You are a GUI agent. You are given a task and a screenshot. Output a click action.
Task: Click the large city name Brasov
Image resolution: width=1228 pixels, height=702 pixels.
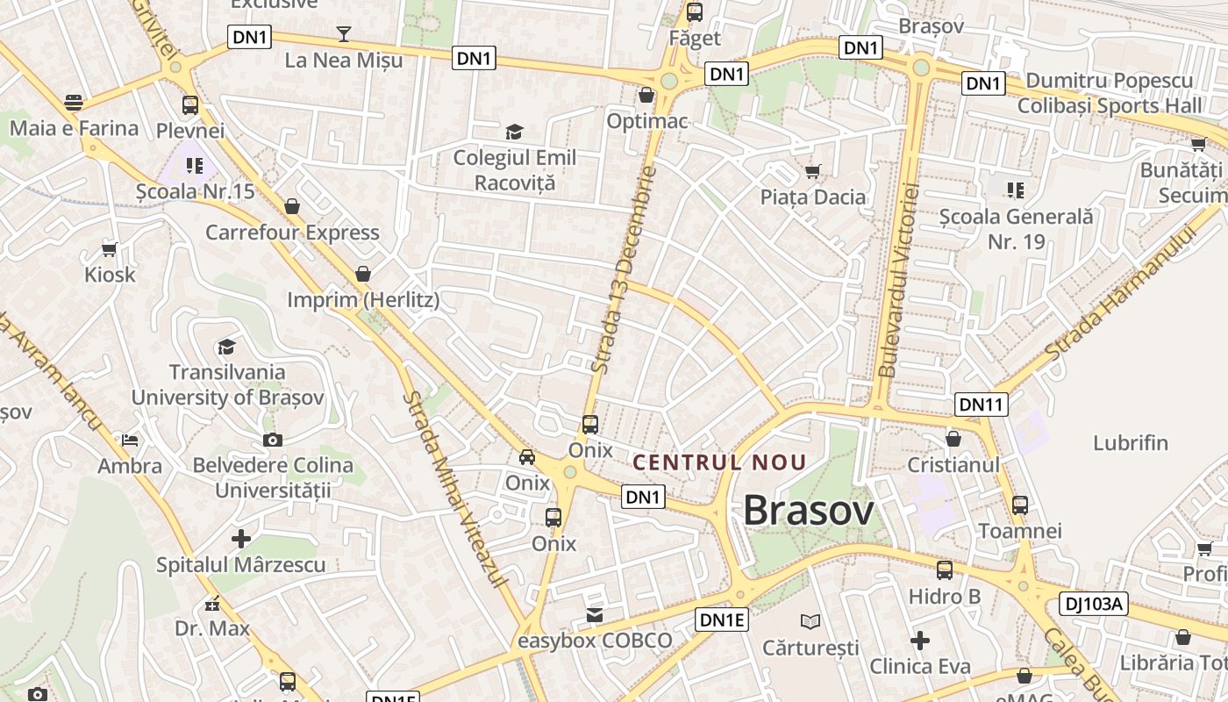[808, 511]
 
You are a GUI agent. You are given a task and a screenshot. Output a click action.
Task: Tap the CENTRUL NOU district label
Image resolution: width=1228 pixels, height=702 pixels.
[719, 462]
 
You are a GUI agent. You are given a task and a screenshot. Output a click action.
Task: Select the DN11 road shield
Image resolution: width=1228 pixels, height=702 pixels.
[982, 404]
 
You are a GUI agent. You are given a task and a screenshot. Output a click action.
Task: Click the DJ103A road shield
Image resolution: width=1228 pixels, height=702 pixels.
[1093, 604]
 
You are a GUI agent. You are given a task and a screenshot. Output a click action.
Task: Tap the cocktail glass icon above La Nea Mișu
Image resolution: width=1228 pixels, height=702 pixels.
[344, 34]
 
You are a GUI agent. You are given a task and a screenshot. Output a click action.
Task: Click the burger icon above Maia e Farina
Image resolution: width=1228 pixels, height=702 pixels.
[74, 102]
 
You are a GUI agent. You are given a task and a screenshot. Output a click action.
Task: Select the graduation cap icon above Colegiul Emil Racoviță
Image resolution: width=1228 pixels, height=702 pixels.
[514, 132]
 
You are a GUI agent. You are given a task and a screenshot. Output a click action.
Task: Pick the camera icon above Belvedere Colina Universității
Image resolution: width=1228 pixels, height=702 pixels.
[272, 440]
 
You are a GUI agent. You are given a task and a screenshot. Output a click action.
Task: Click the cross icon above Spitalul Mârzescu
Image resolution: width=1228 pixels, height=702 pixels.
[240, 538]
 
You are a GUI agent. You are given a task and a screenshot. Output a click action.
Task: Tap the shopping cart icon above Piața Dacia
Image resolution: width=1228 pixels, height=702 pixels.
[813, 171]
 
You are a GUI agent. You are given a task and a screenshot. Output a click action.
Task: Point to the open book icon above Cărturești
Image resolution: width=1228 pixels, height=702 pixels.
[810, 621]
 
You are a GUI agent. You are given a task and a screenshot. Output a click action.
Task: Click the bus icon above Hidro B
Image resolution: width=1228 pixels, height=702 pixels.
[944, 570]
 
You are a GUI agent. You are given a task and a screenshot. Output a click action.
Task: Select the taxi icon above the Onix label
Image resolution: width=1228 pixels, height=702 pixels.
[527, 456]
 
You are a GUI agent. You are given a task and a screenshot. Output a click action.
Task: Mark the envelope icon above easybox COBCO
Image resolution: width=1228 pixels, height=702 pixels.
[595, 614]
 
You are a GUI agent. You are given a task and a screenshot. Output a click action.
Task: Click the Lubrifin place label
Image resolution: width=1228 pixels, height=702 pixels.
[1131, 442]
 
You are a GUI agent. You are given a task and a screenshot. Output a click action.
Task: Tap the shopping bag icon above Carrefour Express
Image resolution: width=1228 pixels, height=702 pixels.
[292, 206]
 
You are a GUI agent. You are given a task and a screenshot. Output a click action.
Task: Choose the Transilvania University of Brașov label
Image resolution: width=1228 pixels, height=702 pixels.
[227, 384]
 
